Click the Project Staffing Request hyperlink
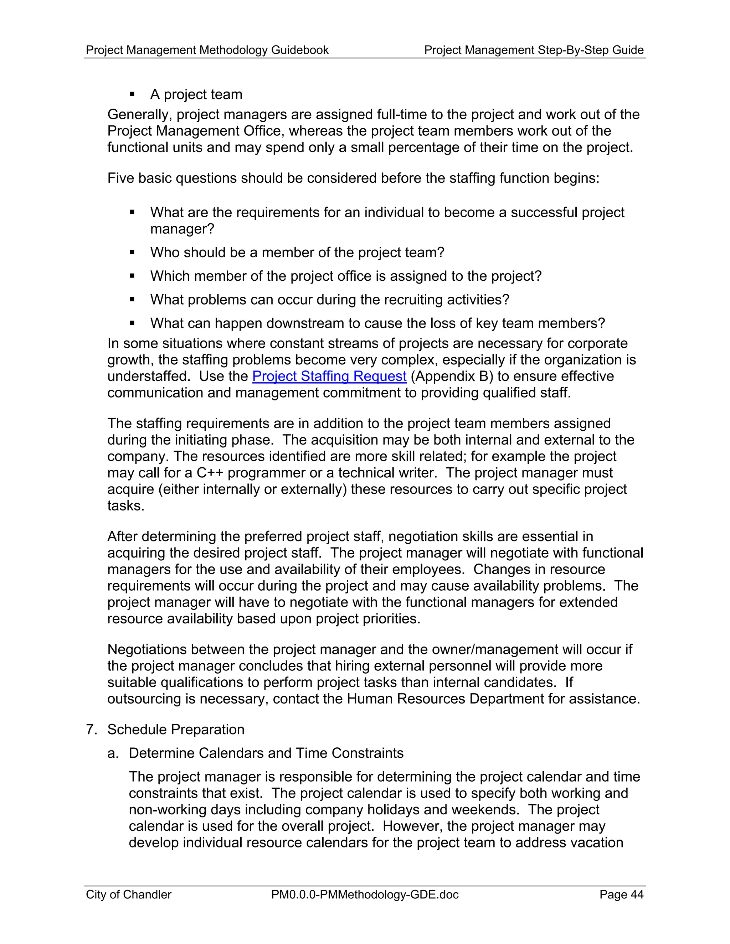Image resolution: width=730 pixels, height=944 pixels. [329, 376]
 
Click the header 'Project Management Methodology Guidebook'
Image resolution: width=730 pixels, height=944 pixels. [207, 50]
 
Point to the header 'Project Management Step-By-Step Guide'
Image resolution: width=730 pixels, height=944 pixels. [534, 50]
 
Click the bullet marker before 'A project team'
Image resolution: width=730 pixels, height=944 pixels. [132, 94]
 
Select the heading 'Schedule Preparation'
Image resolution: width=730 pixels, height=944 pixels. [176, 730]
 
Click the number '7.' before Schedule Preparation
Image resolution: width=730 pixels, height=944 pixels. [91, 730]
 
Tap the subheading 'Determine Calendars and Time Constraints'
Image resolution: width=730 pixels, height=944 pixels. [266, 753]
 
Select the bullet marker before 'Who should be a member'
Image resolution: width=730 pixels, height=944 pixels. [132, 252]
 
